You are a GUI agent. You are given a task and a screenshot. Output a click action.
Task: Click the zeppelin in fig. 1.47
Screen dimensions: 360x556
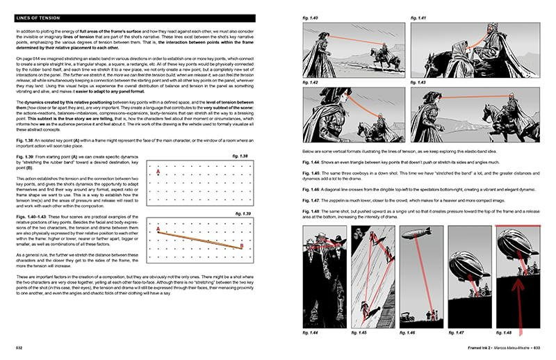(465, 265)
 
